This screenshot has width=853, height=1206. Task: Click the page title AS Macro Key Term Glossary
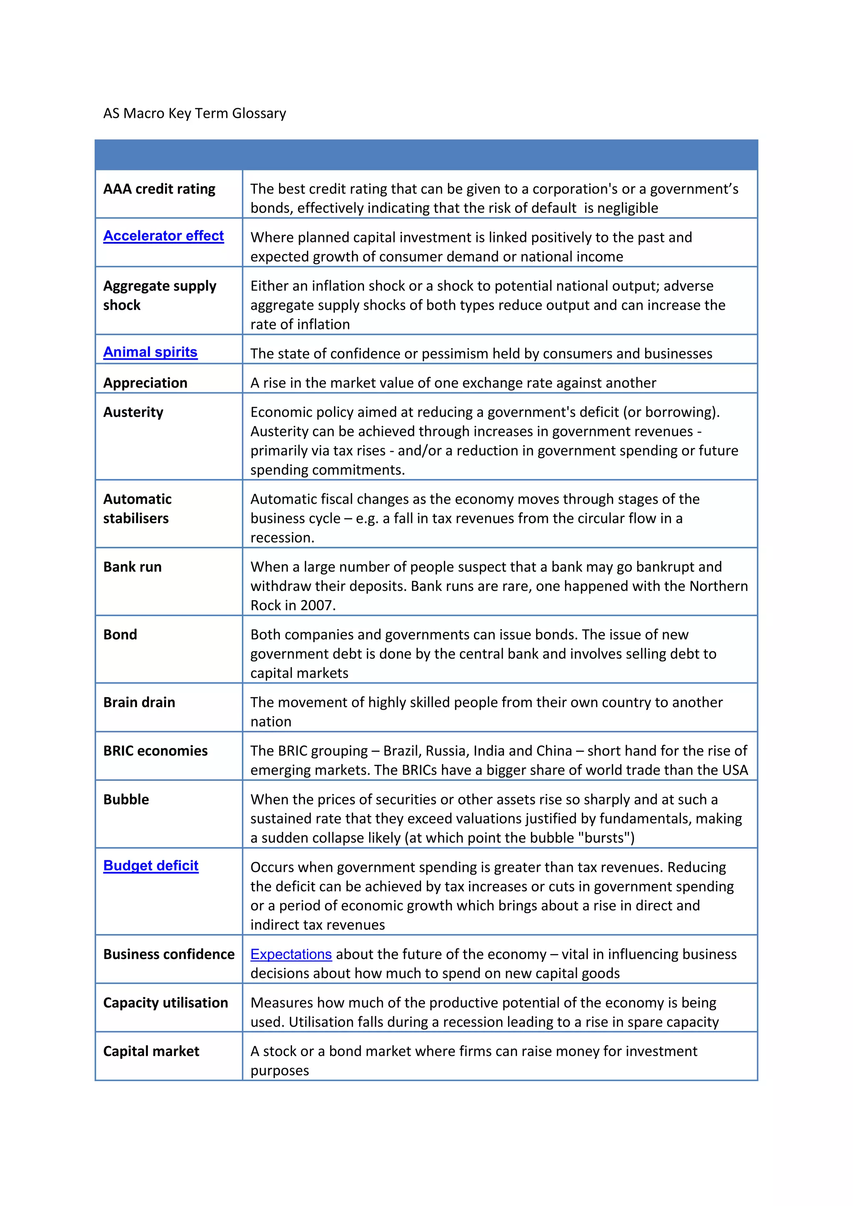(195, 113)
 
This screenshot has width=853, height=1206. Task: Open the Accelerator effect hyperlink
(163, 236)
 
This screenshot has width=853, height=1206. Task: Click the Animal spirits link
(150, 352)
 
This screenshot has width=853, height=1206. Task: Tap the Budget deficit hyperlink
(151, 866)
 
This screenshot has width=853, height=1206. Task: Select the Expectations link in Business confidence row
(291, 954)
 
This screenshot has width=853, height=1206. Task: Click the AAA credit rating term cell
(159, 189)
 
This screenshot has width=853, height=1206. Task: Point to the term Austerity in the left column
(133, 412)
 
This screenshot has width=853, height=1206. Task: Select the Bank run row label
(132, 567)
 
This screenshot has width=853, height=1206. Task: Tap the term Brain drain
(139, 703)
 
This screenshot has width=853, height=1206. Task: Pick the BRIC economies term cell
(155, 751)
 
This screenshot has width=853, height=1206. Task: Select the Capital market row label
(151, 1052)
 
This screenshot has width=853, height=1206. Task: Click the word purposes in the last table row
(279, 1071)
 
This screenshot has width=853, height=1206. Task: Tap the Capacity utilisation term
(165, 1003)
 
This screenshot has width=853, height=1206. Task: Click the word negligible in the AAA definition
(628, 209)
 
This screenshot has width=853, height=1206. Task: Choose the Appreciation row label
(145, 383)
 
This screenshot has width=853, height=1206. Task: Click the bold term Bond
(120, 635)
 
